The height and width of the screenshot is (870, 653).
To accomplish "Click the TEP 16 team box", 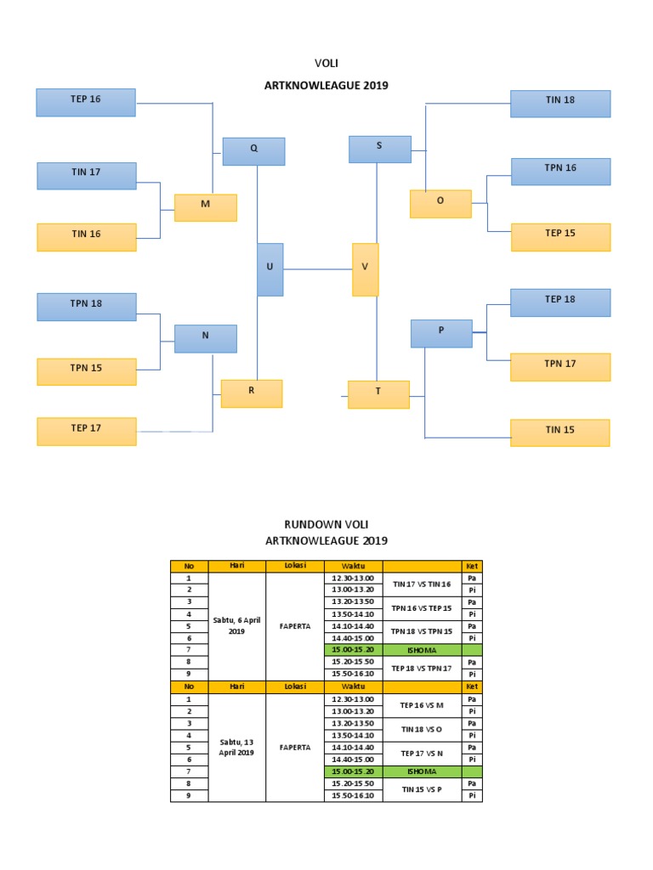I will (x=86, y=102).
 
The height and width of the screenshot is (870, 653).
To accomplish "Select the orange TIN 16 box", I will (x=86, y=237).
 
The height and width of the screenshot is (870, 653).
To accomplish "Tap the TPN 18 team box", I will (x=86, y=307).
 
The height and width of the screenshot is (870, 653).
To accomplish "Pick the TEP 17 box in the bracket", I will (x=86, y=431).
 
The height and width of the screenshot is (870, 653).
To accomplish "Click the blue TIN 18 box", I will (x=560, y=103).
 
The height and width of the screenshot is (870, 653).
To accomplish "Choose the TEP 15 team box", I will (x=560, y=237).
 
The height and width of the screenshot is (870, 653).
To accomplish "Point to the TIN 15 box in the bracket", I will (x=560, y=432).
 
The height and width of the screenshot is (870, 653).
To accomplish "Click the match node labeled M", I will (x=205, y=207).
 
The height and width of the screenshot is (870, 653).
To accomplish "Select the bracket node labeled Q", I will (x=253, y=151).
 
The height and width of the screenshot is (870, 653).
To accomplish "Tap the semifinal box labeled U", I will (x=270, y=269).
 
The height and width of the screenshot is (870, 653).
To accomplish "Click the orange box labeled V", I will (x=366, y=269).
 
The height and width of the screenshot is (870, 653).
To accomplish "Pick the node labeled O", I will (x=440, y=204).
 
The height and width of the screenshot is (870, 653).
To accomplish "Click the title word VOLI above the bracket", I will (x=326, y=63).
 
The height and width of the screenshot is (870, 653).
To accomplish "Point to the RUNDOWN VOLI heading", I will (x=326, y=525).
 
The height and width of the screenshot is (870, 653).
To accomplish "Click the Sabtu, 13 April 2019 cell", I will (x=236, y=748).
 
